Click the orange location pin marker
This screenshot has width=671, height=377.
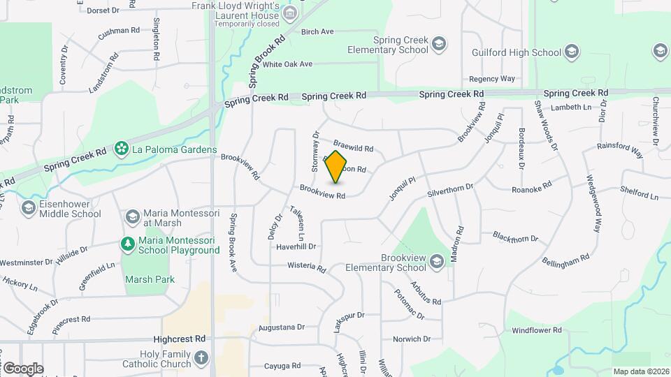tap(336, 166)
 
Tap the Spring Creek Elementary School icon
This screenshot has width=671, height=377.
tap(439, 45)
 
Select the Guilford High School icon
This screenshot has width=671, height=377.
tap(572, 52)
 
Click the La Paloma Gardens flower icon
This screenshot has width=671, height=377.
tap(122, 148)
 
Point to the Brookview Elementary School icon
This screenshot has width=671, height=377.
tap(437, 262)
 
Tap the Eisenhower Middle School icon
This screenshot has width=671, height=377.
tap(29, 208)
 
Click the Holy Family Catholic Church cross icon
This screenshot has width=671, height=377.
tap(201, 358)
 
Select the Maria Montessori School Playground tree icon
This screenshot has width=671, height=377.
tap(128, 244)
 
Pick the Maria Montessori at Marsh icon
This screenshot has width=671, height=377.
tap(132, 217)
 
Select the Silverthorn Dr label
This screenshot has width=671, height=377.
tap(450, 188)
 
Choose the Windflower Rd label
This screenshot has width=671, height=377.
tap(537, 330)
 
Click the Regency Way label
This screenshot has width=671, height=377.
tap(491, 79)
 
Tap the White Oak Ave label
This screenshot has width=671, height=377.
tap(287, 64)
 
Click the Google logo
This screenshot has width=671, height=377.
tap(22, 368)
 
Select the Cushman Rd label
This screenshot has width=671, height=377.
tap(119, 31)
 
